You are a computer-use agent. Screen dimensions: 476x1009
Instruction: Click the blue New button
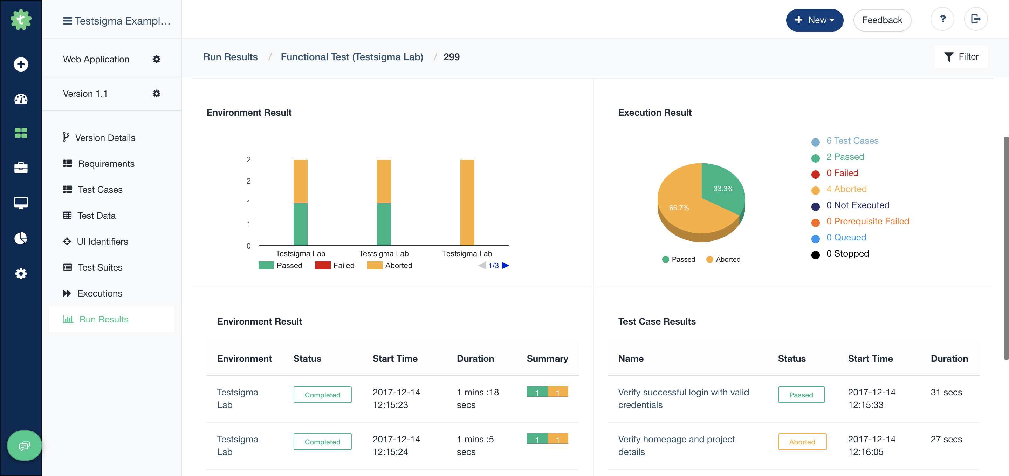tap(814, 20)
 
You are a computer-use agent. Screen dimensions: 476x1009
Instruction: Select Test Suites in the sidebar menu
tap(100, 267)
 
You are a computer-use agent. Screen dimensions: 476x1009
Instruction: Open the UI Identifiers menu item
tap(102, 242)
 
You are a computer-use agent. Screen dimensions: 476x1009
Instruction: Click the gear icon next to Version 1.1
tap(156, 94)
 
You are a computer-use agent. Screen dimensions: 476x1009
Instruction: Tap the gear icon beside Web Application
tap(156, 59)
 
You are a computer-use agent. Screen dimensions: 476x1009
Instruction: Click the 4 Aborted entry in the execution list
tap(846, 189)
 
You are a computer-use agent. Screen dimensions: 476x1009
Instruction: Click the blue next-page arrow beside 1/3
tap(505, 266)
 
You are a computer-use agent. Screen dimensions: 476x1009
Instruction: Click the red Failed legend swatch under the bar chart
tap(322, 266)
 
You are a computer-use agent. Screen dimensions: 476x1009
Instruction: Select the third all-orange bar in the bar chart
tap(467, 203)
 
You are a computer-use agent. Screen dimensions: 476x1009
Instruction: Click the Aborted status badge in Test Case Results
tap(802, 442)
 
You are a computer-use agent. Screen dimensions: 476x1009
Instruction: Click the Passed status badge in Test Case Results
tap(801, 395)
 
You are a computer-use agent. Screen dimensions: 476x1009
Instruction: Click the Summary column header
tap(547, 359)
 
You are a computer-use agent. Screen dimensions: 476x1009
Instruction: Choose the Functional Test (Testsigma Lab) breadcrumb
tap(351, 57)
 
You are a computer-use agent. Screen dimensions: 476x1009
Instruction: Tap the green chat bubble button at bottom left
tap(24, 446)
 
